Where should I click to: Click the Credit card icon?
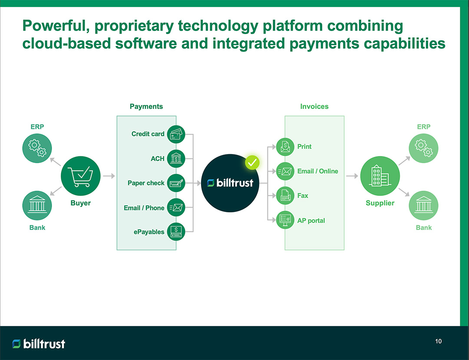point(176,134)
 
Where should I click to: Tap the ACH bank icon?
point(176,159)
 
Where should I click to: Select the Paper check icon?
point(176,183)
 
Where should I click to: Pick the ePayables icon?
point(176,231)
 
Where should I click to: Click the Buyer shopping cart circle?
point(81,176)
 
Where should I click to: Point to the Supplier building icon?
point(380,176)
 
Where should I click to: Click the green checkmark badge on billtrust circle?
point(252,163)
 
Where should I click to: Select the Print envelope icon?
point(285,147)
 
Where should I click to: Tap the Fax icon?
point(285,195)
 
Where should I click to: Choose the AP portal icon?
point(285,220)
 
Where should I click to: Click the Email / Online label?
point(317,171)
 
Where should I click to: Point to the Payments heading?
point(146,106)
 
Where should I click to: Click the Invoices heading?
point(314,106)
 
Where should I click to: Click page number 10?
point(438,341)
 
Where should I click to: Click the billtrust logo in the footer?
point(39,344)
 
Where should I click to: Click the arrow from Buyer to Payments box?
point(109,176)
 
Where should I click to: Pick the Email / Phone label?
point(144,208)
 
